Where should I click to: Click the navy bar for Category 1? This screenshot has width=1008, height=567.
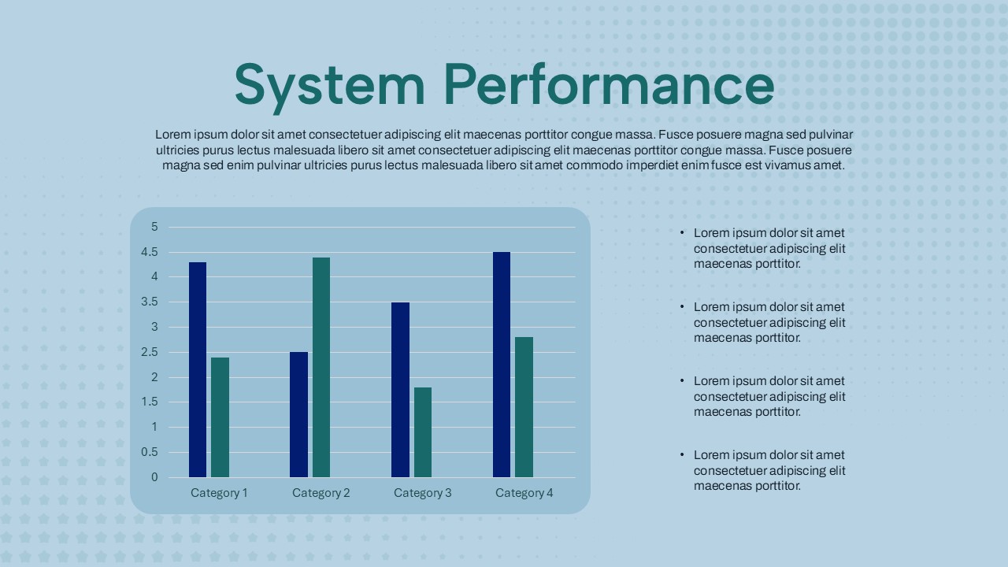coord(198,369)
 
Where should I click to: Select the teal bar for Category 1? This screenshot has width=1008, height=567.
coord(220,417)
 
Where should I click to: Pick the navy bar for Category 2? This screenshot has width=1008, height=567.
coord(298,414)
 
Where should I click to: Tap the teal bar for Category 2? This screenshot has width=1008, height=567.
coord(321,367)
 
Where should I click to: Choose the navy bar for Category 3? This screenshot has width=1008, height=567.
coord(401,390)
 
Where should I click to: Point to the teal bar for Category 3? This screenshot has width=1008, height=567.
coord(423,432)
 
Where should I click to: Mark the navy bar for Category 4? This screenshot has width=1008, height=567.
coord(502,365)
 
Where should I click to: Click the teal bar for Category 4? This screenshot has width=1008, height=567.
coord(524,407)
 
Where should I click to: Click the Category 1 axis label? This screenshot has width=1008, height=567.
coord(219,493)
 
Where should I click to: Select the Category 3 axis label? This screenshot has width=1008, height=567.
coord(423,493)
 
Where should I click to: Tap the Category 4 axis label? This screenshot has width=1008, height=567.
coord(524,493)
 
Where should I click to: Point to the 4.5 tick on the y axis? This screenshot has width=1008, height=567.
coord(150,252)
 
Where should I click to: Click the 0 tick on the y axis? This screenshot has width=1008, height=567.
coord(154,477)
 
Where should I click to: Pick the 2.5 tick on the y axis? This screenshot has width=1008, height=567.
coord(150,352)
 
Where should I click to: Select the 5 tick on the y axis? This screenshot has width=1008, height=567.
coord(154,227)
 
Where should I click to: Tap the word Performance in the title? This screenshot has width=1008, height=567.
coord(609,84)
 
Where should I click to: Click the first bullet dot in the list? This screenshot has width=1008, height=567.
coord(682,232)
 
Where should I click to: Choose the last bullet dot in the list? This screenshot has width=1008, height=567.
coord(682,454)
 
